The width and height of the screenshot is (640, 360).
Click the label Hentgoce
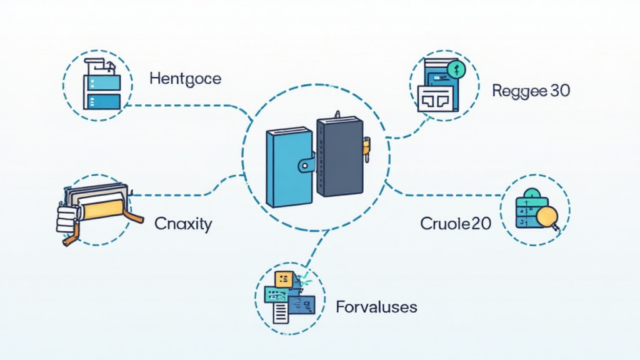click(x=186, y=79)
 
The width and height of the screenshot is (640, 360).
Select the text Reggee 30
click(x=531, y=91)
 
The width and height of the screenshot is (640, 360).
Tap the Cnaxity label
click(x=183, y=223)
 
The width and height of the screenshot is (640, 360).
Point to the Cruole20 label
click(x=456, y=223)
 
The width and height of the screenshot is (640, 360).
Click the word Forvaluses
click(x=376, y=307)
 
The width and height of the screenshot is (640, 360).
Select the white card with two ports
click(x=436, y=98)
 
